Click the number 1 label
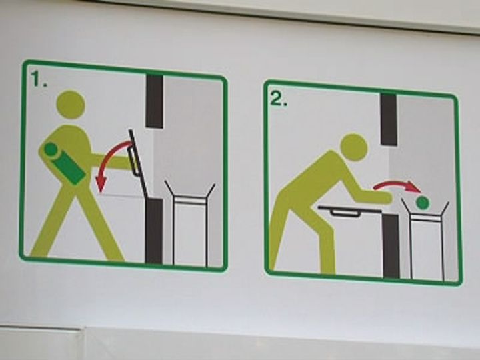tap(38, 79)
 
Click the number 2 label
tap(279, 99)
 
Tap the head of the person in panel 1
tap(71, 105)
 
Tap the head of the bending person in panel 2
tap(354, 147)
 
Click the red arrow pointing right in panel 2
tap(397, 186)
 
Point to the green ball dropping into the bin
tap(423, 203)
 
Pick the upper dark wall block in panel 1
tap(154, 101)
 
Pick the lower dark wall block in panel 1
tap(154, 231)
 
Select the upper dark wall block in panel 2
tap(389, 119)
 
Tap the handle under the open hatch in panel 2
tap(345, 213)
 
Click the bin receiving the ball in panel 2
tap(425, 239)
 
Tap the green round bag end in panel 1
tap(51, 150)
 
